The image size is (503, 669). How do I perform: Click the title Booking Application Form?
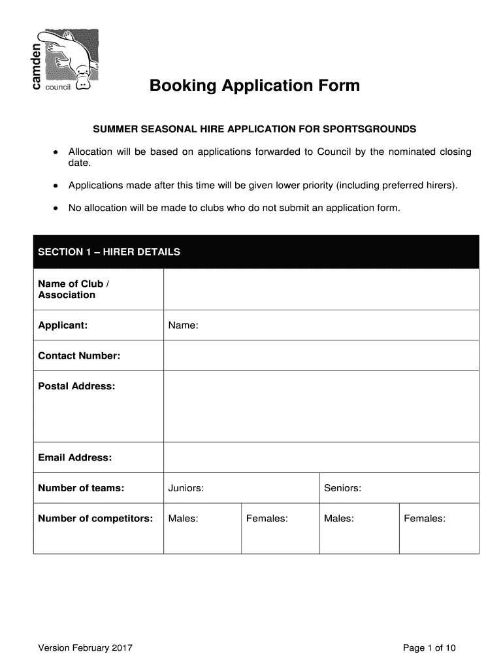254,86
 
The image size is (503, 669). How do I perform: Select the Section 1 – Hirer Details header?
109,252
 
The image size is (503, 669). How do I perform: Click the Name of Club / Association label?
74,289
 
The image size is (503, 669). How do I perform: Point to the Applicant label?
63,325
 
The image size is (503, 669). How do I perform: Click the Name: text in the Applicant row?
183,325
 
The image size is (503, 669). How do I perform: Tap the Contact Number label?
79,356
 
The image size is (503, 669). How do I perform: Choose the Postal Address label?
76,386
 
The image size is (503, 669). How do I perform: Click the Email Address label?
75,457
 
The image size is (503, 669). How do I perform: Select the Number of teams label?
81,488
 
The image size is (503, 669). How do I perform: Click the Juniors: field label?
186,488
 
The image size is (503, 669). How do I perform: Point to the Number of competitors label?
95,519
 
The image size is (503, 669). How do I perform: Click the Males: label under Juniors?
183,519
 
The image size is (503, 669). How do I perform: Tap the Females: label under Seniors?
425,519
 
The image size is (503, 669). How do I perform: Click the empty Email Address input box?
321,457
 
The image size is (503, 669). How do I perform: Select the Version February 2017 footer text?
86,648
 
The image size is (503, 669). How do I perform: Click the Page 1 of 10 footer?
429,648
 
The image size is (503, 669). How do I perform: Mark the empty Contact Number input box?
321,356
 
